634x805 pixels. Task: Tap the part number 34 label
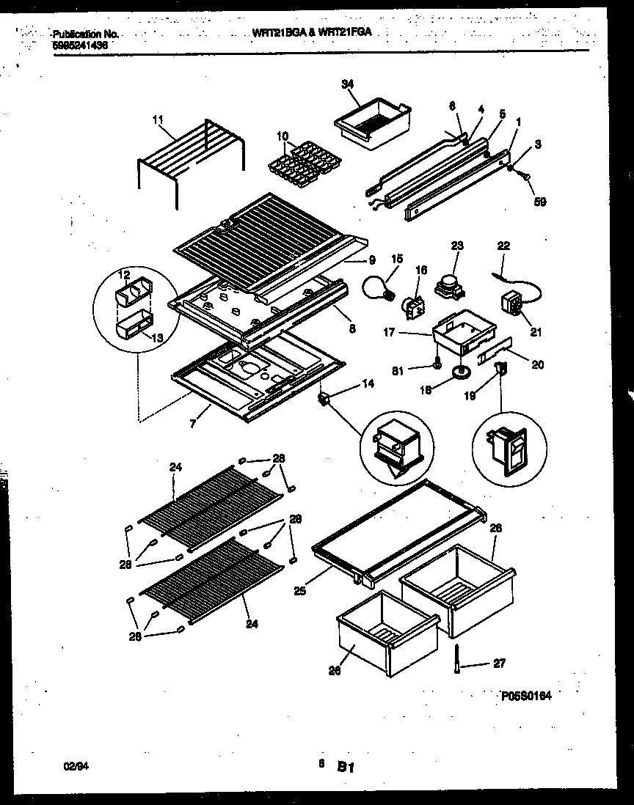[x=347, y=84]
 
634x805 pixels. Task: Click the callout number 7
[x=192, y=423]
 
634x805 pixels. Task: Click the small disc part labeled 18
[x=462, y=375]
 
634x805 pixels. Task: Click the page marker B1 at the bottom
[x=346, y=768]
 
